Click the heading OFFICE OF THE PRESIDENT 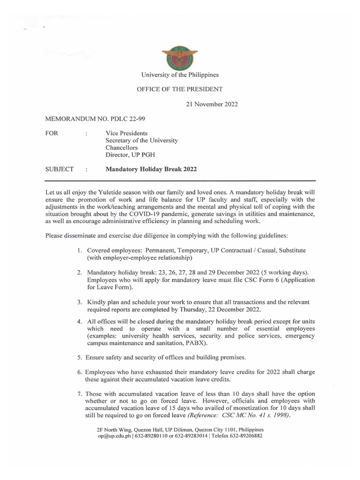(x=180, y=89)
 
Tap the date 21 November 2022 (x=212, y=104)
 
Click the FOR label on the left (x=52, y=133)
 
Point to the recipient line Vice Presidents (x=127, y=133)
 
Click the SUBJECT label (x=59, y=169)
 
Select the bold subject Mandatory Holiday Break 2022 (x=151, y=169)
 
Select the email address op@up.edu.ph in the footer (x=113, y=435)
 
